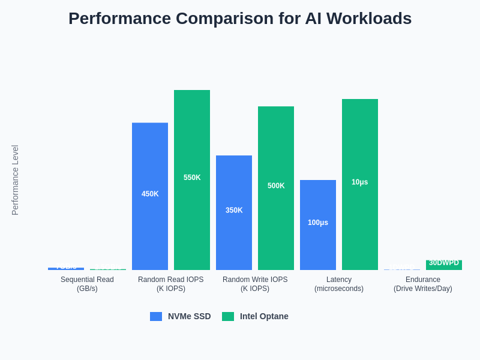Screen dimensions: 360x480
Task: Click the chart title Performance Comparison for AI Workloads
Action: pos(240,19)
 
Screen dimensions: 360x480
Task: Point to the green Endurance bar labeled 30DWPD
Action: pos(444,265)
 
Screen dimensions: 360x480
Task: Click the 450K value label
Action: pos(150,194)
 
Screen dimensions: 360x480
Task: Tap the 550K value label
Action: pos(192,178)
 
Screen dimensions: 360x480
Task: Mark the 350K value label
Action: pos(234,210)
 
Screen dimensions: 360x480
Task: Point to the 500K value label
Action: pos(276,186)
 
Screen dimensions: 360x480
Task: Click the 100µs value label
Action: pos(318,223)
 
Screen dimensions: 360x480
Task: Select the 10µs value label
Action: pos(360,182)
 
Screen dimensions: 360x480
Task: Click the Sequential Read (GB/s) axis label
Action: pos(87,284)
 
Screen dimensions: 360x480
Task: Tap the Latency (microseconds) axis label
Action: pos(339,284)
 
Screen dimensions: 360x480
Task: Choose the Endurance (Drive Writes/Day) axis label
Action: pos(423,284)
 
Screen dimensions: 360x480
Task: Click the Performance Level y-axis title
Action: pos(15,180)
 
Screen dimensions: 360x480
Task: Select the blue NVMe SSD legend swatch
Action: pos(156,316)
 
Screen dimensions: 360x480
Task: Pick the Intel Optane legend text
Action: pos(264,316)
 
